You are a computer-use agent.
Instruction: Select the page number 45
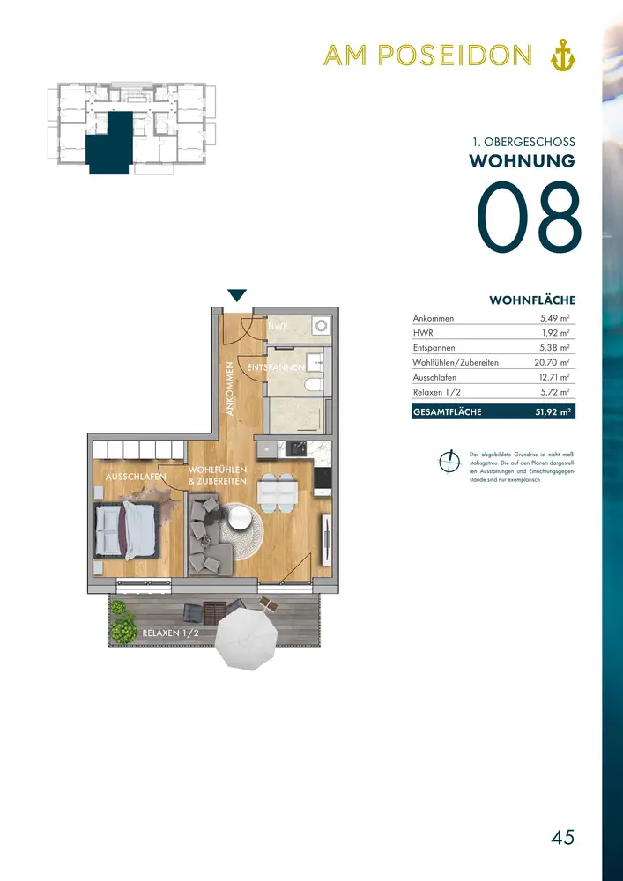pos(563,837)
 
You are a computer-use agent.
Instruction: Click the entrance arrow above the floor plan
pos(237,295)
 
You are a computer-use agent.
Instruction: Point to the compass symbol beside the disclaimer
pos(448,461)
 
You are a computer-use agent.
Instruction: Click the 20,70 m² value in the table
pos(552,362)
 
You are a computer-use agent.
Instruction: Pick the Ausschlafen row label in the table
pos(434,378)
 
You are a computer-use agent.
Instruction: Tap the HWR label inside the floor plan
pos(277,327)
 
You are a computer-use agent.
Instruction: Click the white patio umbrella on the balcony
pos(248,640)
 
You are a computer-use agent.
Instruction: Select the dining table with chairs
pos(278,492)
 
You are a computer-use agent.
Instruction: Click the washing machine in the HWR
pos(322,326)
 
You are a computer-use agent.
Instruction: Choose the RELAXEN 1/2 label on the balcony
pos(171,633)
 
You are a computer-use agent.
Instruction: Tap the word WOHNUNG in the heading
pos(522,160)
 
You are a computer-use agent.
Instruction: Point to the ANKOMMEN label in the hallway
pos(230,388)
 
